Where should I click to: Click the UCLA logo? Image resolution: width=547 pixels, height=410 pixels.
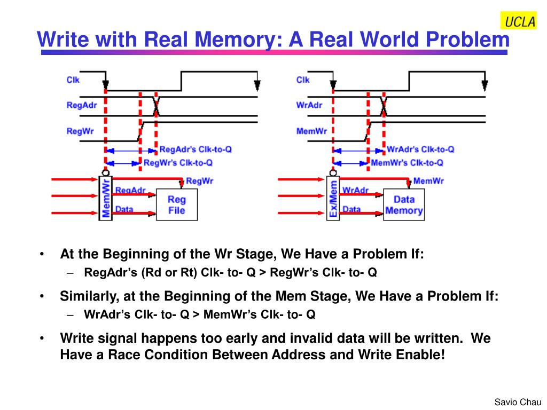pos(519,21)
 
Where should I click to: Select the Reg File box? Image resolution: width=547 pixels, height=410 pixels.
pos(176,204)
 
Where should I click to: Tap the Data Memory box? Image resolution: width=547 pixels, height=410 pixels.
pos(404,204)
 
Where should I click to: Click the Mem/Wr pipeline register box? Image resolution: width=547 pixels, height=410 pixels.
pos(106,198)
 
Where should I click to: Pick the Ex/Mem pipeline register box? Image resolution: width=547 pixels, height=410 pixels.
pos(333,198)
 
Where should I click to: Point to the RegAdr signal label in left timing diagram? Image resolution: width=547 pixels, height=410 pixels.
pos(82,105)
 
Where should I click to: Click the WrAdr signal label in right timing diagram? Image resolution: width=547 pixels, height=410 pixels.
pos(309,105)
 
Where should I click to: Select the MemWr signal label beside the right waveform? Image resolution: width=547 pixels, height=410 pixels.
pos(311,131)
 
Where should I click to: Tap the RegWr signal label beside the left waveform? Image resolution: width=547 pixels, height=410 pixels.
pos(80,131)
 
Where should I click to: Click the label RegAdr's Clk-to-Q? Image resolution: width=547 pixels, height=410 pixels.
pos(196,149)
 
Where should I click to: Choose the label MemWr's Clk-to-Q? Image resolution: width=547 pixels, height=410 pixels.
pos(407,163)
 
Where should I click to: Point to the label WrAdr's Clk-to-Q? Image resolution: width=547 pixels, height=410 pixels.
pos(421,149)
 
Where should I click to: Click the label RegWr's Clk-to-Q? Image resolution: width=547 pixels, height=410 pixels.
pos(178,163)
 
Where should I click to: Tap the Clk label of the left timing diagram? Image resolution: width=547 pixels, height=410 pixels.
pos(73,80)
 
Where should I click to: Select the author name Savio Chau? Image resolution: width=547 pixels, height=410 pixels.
pos(518,402)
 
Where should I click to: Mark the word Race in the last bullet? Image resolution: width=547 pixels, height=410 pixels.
pos(123,354)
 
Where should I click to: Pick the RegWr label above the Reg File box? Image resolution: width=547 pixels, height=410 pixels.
pos(200,181)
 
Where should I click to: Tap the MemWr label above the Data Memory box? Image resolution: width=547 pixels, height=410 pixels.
pos(428,181)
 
